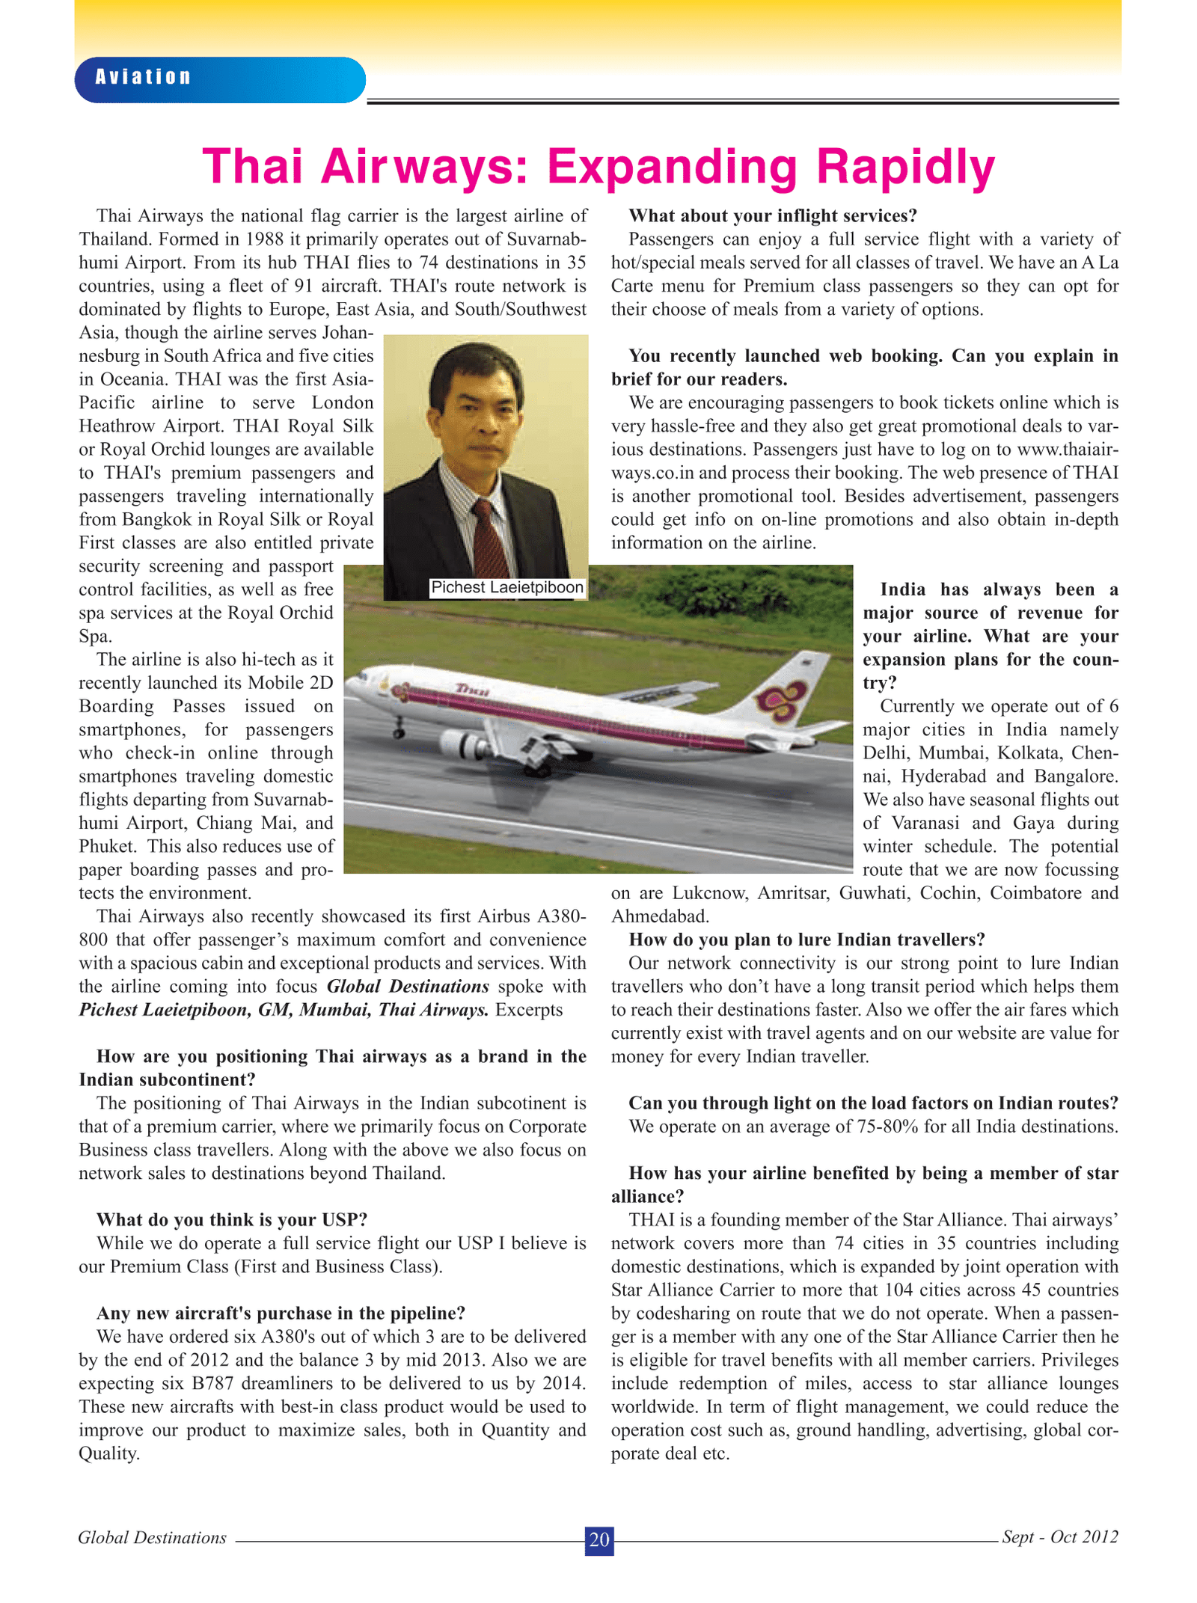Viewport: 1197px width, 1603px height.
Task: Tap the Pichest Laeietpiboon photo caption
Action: pos(506,588)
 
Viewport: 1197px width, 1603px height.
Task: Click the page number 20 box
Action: pos(598,1539)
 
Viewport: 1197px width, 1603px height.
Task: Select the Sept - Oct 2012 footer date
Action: pos(1059,1537)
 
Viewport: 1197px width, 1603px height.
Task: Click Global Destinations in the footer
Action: pos(152,1537)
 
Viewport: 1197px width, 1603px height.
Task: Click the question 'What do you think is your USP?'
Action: pos(232,1220)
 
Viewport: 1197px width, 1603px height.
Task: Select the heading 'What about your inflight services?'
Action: pos(772,216)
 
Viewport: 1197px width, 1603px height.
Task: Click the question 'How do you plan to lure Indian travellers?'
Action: pos(806,940)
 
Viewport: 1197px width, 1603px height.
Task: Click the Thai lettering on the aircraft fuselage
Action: pos(472,690)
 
